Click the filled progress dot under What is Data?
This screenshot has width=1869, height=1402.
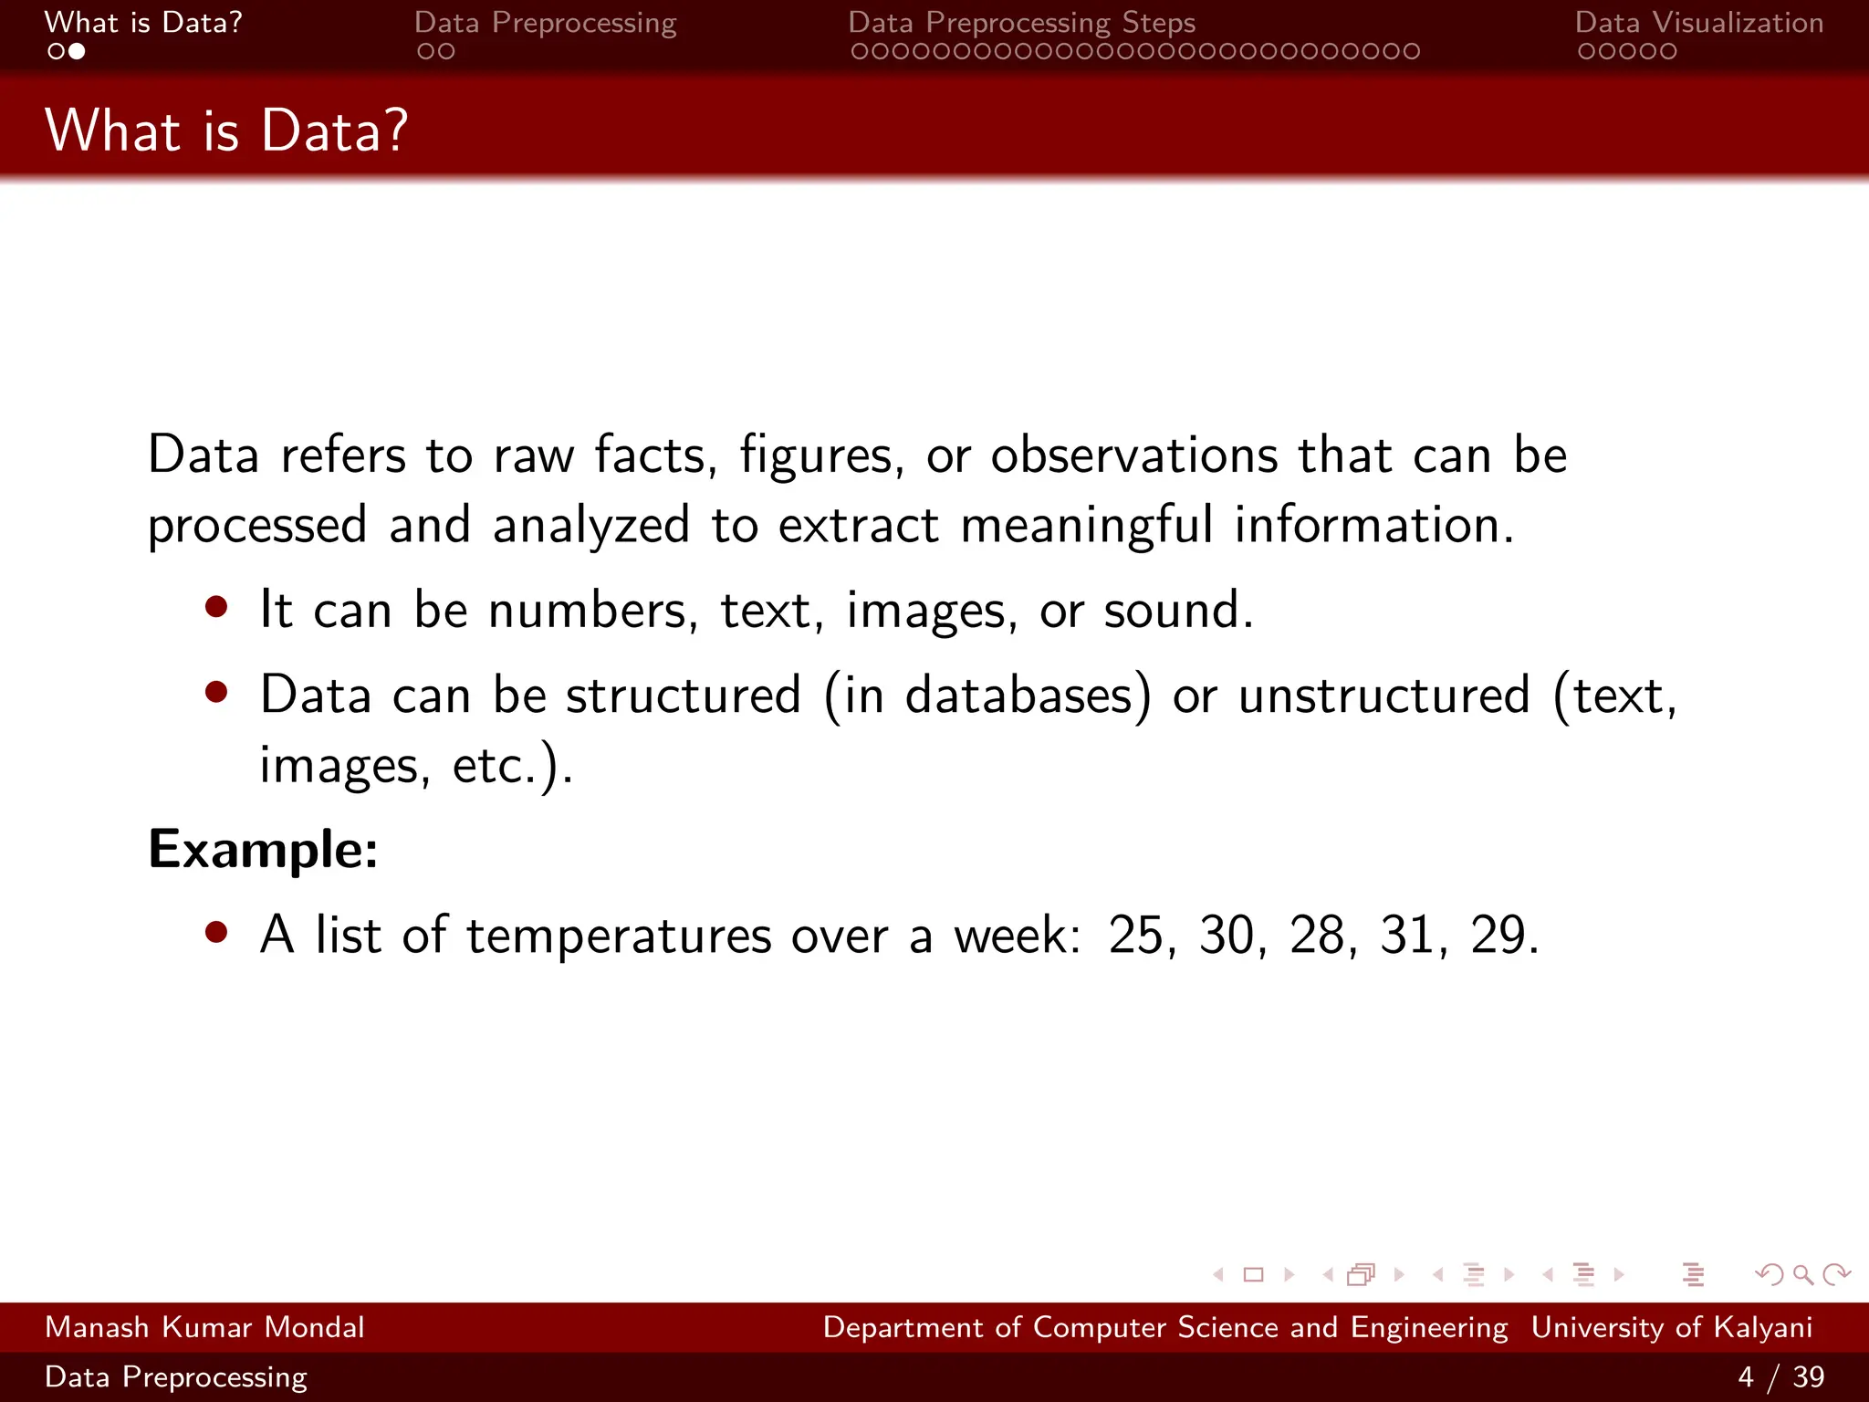[77, 52]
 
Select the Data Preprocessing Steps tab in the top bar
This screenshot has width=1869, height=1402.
[1021, 23]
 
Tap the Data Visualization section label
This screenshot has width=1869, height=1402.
[1698, 23]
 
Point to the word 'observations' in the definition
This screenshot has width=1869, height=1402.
[1134, 455]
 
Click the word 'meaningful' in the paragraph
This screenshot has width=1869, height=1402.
[1086, 525]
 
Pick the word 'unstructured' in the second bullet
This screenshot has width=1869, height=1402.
[1383, 696]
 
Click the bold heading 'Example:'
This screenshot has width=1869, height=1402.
[263, 850]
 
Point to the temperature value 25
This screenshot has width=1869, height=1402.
[1136, 936]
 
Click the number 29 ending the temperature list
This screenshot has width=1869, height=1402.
[1498, 936]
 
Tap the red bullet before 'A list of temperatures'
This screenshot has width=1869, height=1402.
[216, 932]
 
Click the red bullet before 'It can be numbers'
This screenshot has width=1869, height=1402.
[216, 607]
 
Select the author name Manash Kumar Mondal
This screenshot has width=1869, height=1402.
[204, 1327]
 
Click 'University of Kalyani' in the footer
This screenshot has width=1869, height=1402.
[1671, 1327]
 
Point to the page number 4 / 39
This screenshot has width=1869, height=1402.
[1780, 1376]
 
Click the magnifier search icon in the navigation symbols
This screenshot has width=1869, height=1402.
[1802, 1274]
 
